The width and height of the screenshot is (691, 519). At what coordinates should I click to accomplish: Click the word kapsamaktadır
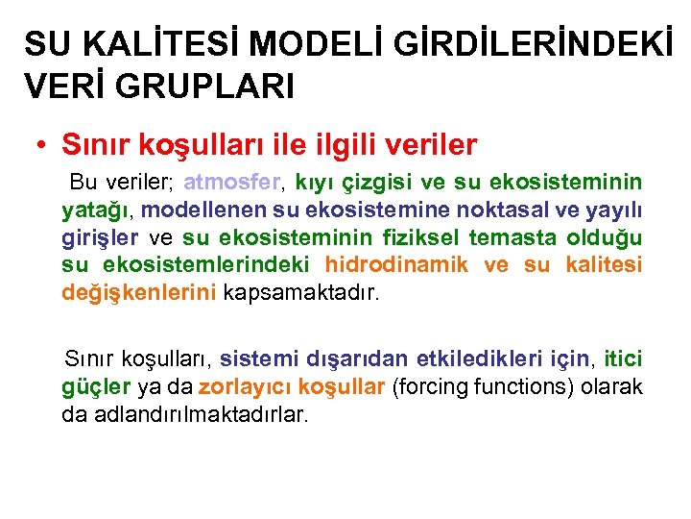tap(301, 292)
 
